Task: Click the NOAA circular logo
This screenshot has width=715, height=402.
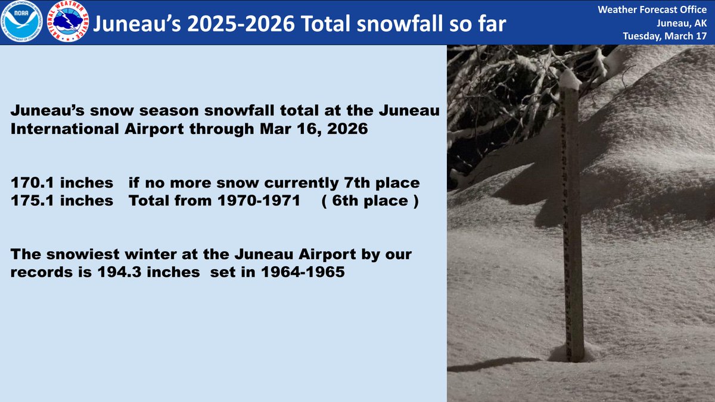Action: coord(22,22)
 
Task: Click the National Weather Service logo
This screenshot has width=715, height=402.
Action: coord(71,22)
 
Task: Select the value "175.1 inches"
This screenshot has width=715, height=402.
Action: coord(61,201)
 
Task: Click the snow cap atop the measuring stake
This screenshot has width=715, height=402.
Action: coord(569,79)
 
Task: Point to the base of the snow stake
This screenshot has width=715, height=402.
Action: coord(574,354)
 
